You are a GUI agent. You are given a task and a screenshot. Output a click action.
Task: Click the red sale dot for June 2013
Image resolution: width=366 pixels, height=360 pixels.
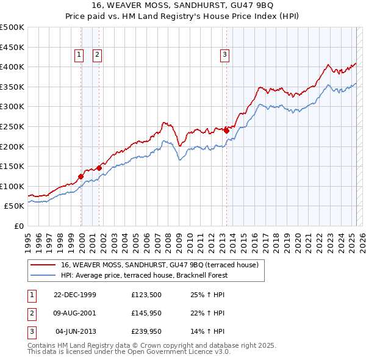[226, 130]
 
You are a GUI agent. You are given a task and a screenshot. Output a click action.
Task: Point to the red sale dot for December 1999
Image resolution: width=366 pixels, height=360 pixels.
[81, 176]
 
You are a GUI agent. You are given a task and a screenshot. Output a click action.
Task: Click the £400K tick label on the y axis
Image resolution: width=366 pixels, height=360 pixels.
[13, 67]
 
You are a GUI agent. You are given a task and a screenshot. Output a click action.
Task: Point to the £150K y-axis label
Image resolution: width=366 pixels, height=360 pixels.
[13, 166]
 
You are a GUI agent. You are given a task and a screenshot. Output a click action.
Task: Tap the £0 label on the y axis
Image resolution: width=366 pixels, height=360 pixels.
[18, 226]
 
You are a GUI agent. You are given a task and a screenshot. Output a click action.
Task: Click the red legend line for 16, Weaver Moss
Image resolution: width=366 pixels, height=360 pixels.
[43, 265]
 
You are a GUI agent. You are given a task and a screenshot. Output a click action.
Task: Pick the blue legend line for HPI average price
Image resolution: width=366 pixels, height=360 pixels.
[43, 275]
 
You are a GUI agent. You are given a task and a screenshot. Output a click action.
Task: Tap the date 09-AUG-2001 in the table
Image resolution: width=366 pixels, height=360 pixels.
[75, 314]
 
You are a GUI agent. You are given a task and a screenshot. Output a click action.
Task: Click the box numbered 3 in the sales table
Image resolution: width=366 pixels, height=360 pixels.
[30, 331]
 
